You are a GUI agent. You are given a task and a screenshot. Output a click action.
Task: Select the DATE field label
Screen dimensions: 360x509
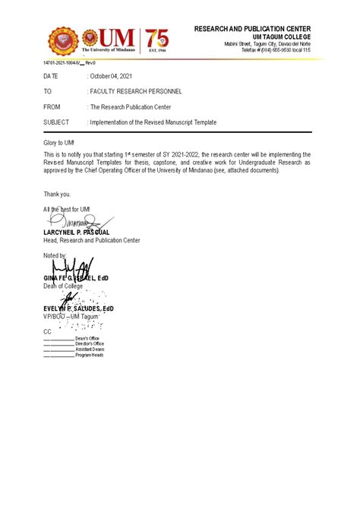click(x=51, y=77)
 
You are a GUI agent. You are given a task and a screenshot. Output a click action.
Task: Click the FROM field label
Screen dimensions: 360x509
click(x=52, y=107)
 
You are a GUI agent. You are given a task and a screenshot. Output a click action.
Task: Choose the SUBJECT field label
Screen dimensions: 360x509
click(x=56, y=122)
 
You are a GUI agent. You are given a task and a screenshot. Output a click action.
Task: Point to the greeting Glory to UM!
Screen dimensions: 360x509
click(x=60, y=143)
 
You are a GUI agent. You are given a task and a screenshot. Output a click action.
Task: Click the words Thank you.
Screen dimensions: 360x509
click(x=56, y=194)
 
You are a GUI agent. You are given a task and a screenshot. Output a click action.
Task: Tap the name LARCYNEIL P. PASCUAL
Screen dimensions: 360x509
click(x=77, y=232)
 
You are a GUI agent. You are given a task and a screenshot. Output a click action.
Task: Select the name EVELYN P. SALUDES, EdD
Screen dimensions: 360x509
click(x=79, y=308)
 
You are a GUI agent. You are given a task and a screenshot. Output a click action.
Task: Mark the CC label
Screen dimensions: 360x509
click(x=47, y=331)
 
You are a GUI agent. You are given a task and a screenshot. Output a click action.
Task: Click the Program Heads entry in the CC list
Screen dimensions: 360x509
click(x=90, y=355)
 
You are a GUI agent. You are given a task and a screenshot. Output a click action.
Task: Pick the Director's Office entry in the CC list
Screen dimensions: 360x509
click(x=90, y=343)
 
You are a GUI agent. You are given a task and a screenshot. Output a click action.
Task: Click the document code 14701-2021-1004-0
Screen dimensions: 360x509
click(x=57, y=62)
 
